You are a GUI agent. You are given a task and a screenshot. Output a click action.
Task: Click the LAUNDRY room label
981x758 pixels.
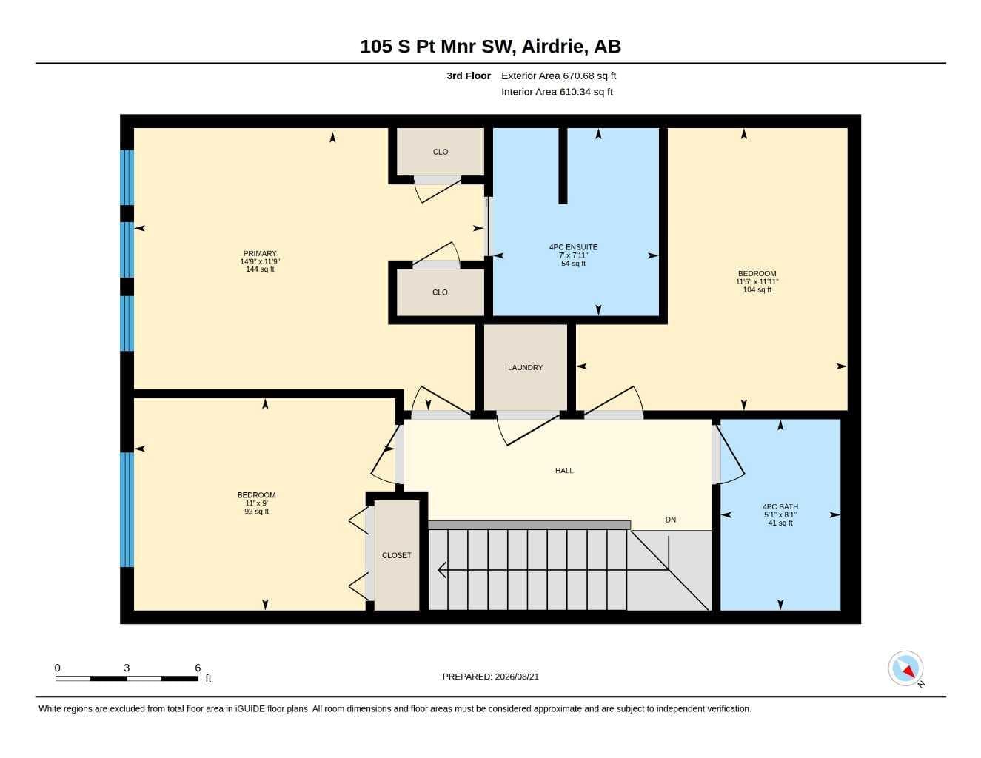coord(525,368)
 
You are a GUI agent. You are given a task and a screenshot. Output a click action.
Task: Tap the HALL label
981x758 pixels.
coord(564,471)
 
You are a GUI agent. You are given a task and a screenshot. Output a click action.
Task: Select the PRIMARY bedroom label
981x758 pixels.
coord(260,254)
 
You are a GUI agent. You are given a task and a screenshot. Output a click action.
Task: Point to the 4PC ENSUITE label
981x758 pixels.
coord(573,247)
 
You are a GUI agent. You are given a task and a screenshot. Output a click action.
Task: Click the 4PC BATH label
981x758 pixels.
coord(780,506)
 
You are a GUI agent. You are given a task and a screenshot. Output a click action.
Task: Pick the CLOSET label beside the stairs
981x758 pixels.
coord(396,555)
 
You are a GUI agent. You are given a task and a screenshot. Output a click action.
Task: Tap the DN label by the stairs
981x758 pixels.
coord(670,520)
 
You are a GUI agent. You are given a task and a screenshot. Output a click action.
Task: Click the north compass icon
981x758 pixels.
coord(905,668)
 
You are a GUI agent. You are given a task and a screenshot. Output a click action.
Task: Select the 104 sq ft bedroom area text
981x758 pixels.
coord(757,289)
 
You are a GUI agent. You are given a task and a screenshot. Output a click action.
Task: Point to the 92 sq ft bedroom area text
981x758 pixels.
coord(256,512)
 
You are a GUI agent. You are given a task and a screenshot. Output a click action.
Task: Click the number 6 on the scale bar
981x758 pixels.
coord(198,668)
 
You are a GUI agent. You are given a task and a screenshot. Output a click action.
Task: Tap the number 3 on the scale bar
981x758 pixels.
coord(127,668)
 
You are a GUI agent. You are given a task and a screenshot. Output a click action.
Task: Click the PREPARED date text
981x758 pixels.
coord(491,677)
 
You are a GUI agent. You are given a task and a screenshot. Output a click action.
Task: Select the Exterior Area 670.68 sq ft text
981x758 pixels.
coord(558,76)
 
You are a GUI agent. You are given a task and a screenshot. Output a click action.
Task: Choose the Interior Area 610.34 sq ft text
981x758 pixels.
coord(557,92)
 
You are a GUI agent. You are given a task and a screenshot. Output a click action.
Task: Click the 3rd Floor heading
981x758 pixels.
coord(469,76)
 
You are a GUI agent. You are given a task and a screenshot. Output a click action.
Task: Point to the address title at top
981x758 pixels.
coord(490,46)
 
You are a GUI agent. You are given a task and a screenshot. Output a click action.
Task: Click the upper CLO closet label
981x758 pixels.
coord(441,152)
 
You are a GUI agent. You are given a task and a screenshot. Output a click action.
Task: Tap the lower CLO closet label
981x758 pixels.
coord(440,292)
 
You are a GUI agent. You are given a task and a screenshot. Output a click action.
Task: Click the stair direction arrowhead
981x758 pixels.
coord(442,570)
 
